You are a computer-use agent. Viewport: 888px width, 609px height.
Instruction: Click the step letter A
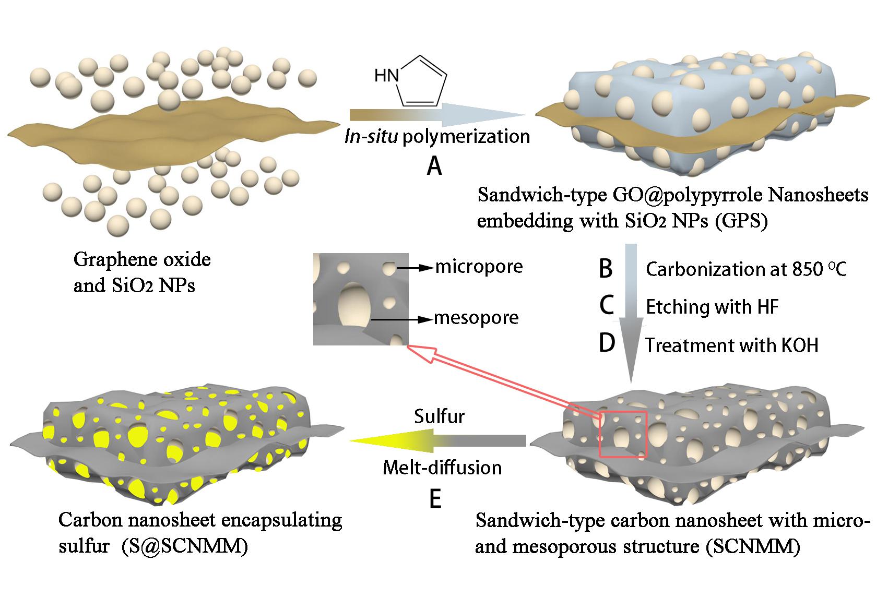(x=434, y=166)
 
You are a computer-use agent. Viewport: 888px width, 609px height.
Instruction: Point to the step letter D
(x=607, y=343)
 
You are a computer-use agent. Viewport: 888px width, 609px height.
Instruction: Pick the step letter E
(x=435, y=499)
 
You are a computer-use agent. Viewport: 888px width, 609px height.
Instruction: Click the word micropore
(x=479, y=267)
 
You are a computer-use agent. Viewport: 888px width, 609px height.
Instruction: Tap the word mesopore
(x=477, y=318)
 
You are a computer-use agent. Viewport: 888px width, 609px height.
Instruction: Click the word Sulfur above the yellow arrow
(x=439, y=416)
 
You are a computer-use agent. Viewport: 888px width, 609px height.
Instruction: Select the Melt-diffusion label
(x=442, y=468)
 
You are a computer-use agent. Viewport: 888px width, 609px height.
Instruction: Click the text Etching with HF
(x=712, y=307)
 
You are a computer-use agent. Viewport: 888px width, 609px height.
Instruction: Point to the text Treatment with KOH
(x=732, y=345)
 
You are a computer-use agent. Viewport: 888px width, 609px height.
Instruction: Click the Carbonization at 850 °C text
(x=746, y=269)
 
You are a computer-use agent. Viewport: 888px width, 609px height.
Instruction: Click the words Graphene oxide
(x=142, y=259)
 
